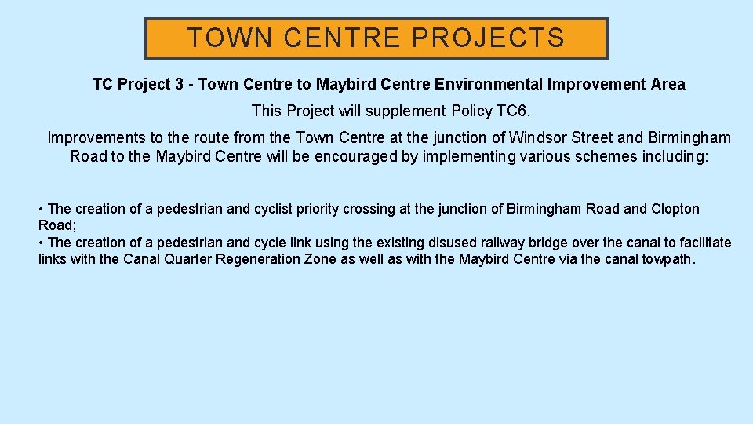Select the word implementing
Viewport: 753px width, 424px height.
[469, 156]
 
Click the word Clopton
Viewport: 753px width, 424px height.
[675, 209]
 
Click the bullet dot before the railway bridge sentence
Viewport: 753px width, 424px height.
[42, 243]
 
